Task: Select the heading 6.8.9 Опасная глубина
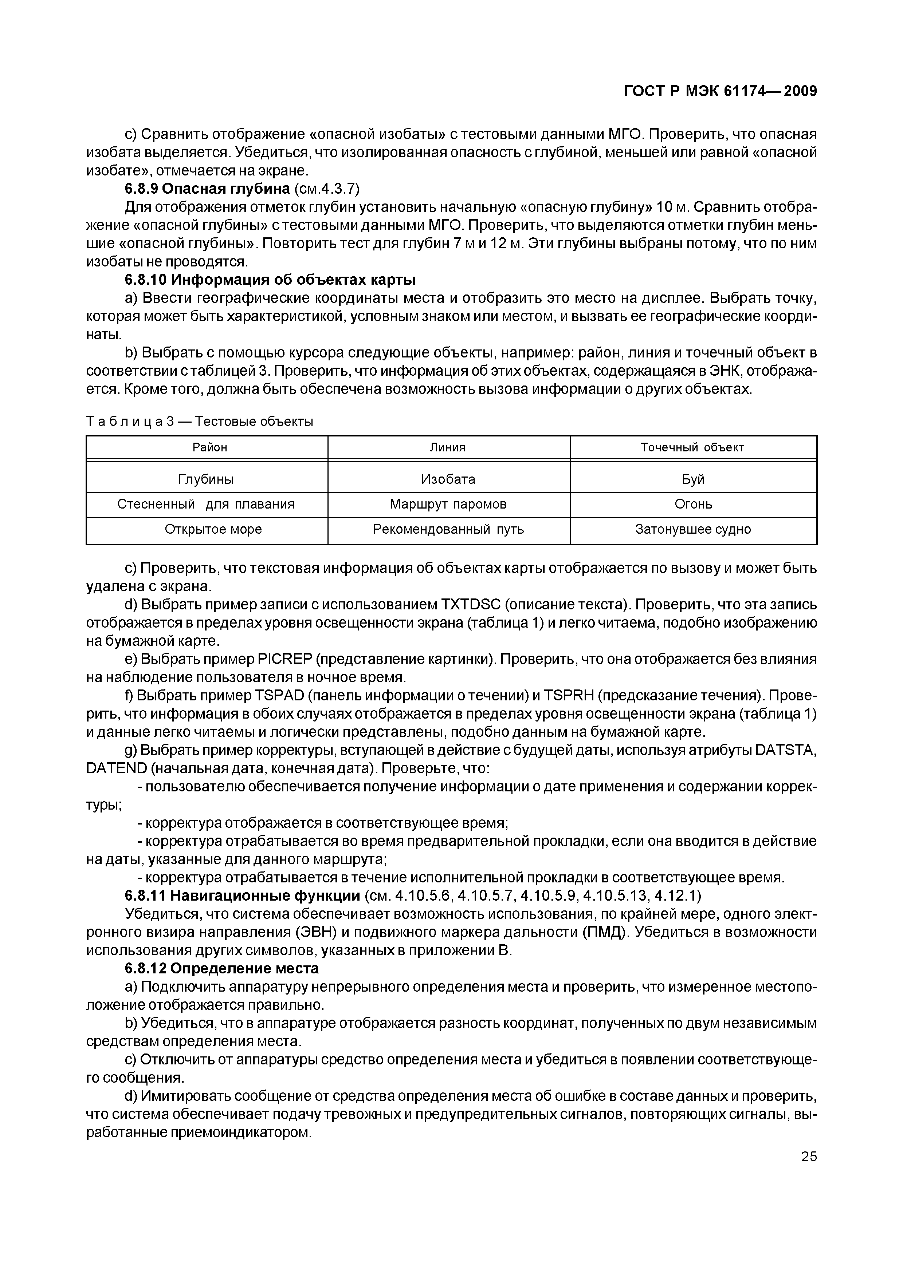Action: pyautogui.click(x=207, y=189)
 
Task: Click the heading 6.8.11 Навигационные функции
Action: pyautogui.click(x=242, y=896)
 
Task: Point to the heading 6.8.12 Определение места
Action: pyautogui.click(x=221, y=968)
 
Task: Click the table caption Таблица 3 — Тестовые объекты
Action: pyautogui.click(x=200, y=422)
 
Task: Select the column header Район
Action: pyautogui.click(x=210, y=447)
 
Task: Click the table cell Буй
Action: pyautogui.click(x=693, y=479)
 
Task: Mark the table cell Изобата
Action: pyautogui.click(x=448, y=479)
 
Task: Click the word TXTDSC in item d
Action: pyautogui.click(x=471, y=605)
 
